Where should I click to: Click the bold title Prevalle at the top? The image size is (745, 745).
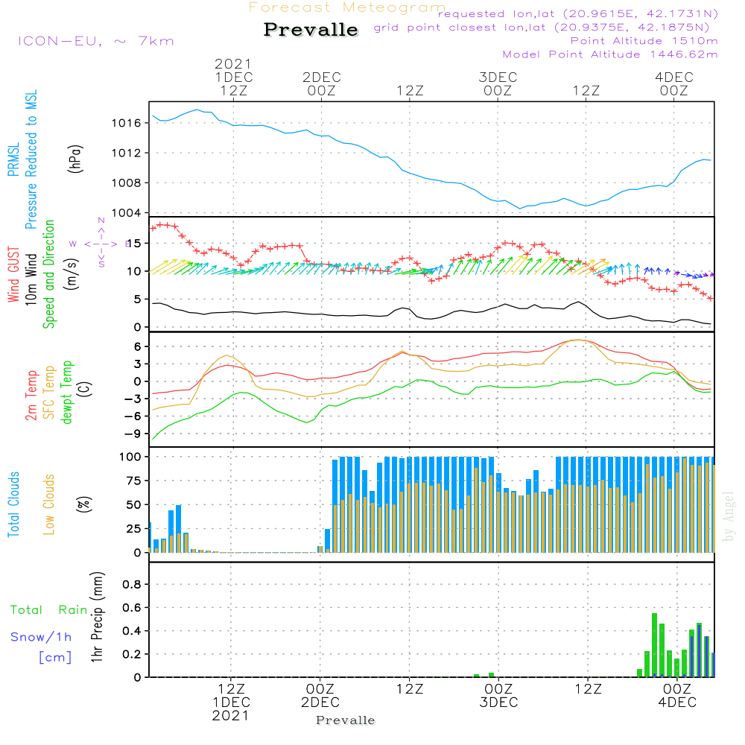pos(311,30)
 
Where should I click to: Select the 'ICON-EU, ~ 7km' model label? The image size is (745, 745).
pos(95,41)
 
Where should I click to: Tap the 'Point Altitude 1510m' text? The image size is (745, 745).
pos(644,40)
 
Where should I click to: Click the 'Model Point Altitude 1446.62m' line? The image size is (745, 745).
pos(610,54)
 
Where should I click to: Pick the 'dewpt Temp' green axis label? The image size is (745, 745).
pos(68,393)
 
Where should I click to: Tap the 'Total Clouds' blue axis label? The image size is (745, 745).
pos(14,504)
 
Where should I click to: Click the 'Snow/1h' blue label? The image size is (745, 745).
pos(41,637)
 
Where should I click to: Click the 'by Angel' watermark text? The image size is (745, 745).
pos(729,516)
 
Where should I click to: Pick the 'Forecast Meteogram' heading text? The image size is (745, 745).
pos(347,7)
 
